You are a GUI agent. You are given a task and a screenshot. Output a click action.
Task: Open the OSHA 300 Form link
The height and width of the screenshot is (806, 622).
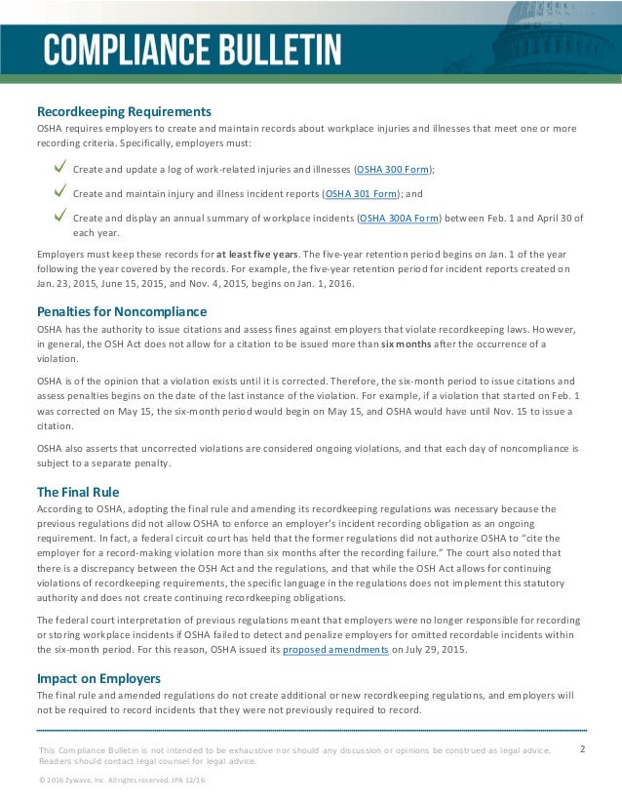click(x=393, y=169)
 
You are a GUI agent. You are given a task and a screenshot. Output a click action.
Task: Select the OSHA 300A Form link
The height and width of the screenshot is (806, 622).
click(x=400, y=219)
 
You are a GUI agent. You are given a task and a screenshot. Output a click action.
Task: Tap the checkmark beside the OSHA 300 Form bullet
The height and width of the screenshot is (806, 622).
click(x=59, y=167)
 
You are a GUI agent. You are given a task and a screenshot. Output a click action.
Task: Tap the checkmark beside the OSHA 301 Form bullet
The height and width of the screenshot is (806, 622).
click(x=59, y=191)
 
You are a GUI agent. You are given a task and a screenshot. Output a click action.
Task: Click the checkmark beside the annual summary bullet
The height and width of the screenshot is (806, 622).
click(x=59, y=217)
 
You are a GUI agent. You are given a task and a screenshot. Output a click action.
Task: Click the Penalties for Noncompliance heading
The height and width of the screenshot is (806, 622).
click(x=122, y=311)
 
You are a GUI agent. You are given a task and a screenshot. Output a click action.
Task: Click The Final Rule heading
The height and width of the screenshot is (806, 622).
click(x=78, y=491)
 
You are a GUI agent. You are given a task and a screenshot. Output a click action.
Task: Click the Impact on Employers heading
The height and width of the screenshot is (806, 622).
click(x=98, y=677)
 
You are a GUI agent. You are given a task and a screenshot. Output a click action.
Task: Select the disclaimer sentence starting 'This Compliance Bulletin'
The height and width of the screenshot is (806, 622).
click(x=292, y=749)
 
